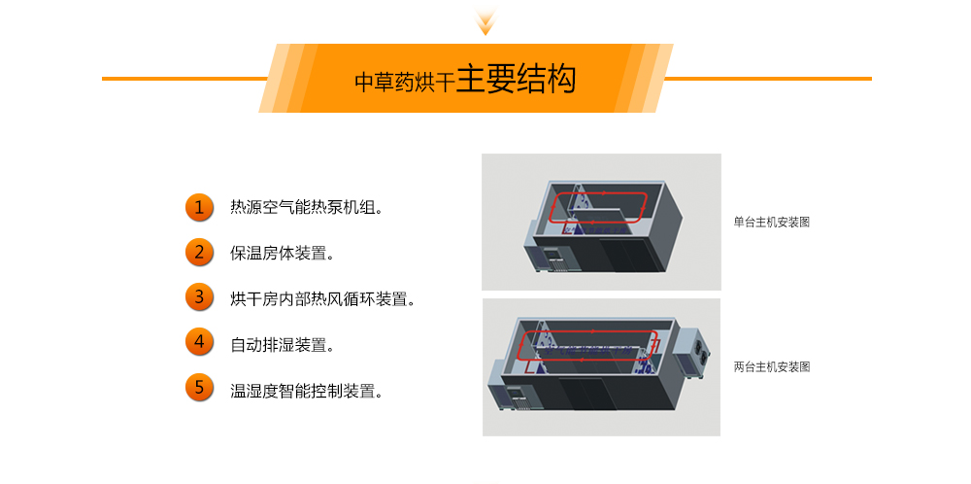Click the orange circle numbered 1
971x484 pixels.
tap(199, 207)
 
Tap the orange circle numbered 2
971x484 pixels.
tap(199, 253)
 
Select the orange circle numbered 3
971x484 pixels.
tap(199, 296)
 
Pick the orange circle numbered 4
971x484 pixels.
tap(199, 342)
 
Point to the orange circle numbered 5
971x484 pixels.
tap(199, 388)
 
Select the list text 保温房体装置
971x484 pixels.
tap(283, 253)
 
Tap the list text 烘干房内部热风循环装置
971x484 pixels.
tap(322, 298)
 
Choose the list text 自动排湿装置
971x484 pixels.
tap(283, 344)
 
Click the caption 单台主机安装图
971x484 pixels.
tap(772, 222)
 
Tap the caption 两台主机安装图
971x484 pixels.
tap(772, 366)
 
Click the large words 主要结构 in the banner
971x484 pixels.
tap(516, 79)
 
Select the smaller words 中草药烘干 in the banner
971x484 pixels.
tap(405, 83)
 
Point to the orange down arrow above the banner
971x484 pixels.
tap(486, 19)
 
